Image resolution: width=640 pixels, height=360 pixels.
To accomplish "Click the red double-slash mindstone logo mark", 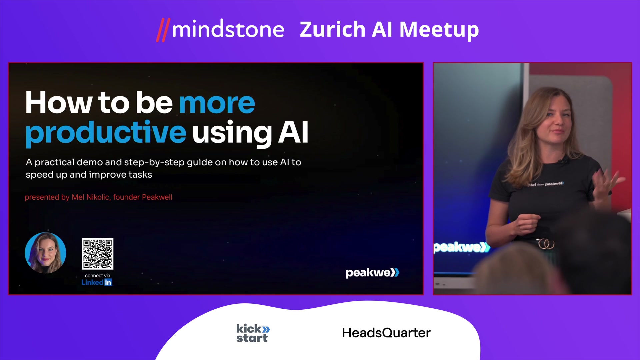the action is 163,30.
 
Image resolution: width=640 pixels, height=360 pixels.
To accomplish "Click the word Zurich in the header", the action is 333,29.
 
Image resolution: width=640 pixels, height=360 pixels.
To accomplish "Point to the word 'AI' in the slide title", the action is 293,132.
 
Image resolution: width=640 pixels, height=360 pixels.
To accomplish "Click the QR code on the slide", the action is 98,254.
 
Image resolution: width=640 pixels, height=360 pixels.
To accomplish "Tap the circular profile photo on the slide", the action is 45,253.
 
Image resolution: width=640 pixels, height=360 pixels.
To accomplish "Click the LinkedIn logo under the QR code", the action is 97,282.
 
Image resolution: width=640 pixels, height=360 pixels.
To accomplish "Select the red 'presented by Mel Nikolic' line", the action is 98,197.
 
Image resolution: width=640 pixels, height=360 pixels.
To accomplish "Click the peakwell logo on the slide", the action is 372,273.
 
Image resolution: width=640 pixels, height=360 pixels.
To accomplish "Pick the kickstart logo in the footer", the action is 253,333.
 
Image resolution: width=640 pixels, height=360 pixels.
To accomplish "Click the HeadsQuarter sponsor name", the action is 386,333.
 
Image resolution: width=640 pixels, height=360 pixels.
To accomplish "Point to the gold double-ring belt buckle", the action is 546,244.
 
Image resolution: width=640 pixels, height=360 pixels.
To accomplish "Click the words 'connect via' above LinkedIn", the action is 97,275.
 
